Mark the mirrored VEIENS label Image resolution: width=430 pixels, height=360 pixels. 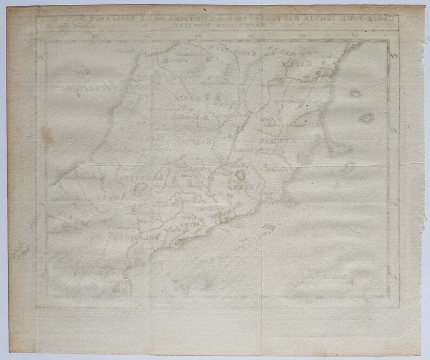pyautogui.click(x=233, y=187)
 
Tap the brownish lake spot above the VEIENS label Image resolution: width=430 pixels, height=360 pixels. pyautogui.click(x=239, y=176)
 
